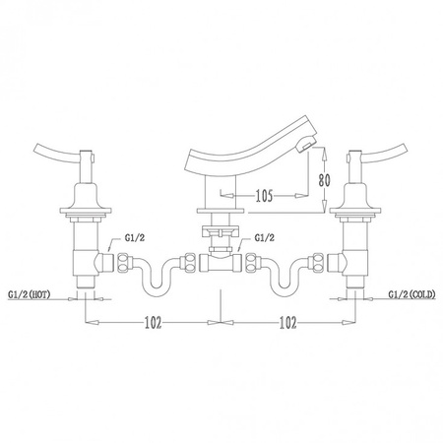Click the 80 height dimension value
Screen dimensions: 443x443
(324, 180)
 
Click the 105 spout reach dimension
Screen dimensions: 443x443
(264, 196)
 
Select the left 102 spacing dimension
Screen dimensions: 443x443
(154, 323)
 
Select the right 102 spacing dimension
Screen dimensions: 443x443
(287, 323)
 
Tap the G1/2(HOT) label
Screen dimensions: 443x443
(29, 294)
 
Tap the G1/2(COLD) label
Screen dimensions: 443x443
(412, 294)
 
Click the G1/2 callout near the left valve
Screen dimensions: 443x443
(135, 238)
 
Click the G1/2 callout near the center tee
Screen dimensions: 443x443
(265, 238)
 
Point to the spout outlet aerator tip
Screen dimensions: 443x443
(305, 145)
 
